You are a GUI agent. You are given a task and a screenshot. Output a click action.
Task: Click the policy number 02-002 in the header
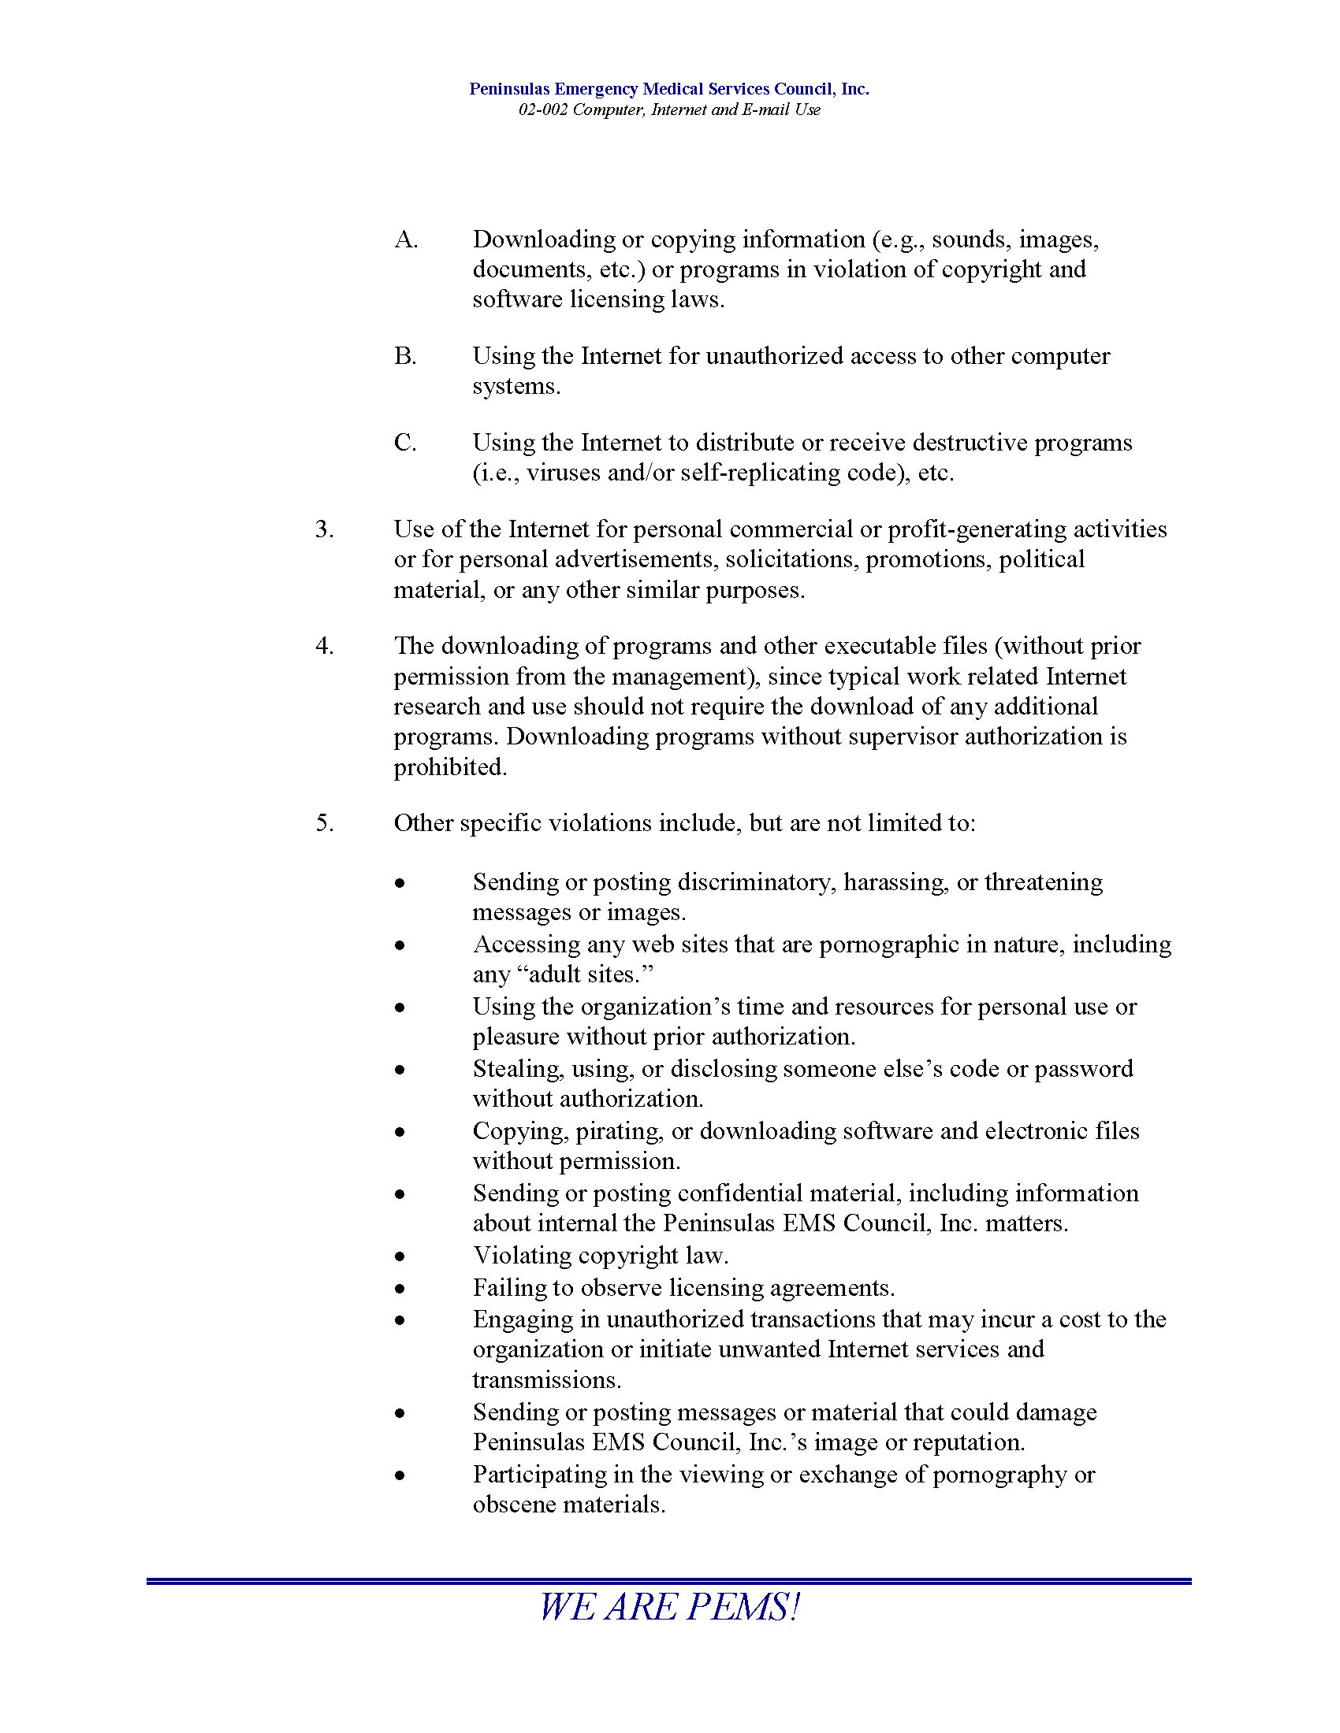[543, 110]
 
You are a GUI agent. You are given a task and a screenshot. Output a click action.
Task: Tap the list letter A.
[406, 239]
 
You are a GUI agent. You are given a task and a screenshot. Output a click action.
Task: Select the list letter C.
[405, 443]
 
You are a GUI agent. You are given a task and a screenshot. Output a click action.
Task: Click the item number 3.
[324, 529]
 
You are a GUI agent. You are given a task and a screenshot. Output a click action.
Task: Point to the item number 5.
[324, 823]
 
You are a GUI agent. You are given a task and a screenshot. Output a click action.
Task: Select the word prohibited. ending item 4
[450, 767]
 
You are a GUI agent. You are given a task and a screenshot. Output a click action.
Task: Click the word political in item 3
[1040, 560]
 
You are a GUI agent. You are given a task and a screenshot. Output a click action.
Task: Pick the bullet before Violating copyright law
[401, 1257]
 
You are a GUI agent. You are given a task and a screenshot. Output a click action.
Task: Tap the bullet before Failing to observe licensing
[401, 1289]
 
